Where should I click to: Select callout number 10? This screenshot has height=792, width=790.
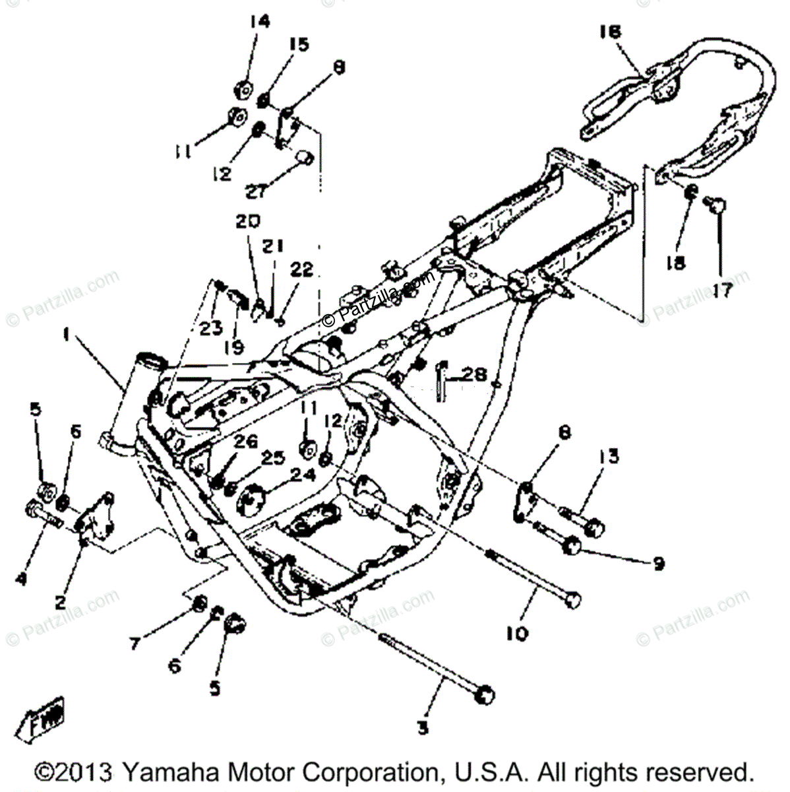517,634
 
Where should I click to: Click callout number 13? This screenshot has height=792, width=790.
610,456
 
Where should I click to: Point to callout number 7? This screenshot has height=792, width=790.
136,642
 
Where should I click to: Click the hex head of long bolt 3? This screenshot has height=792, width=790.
485,694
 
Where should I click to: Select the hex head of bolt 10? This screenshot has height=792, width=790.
574,600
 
